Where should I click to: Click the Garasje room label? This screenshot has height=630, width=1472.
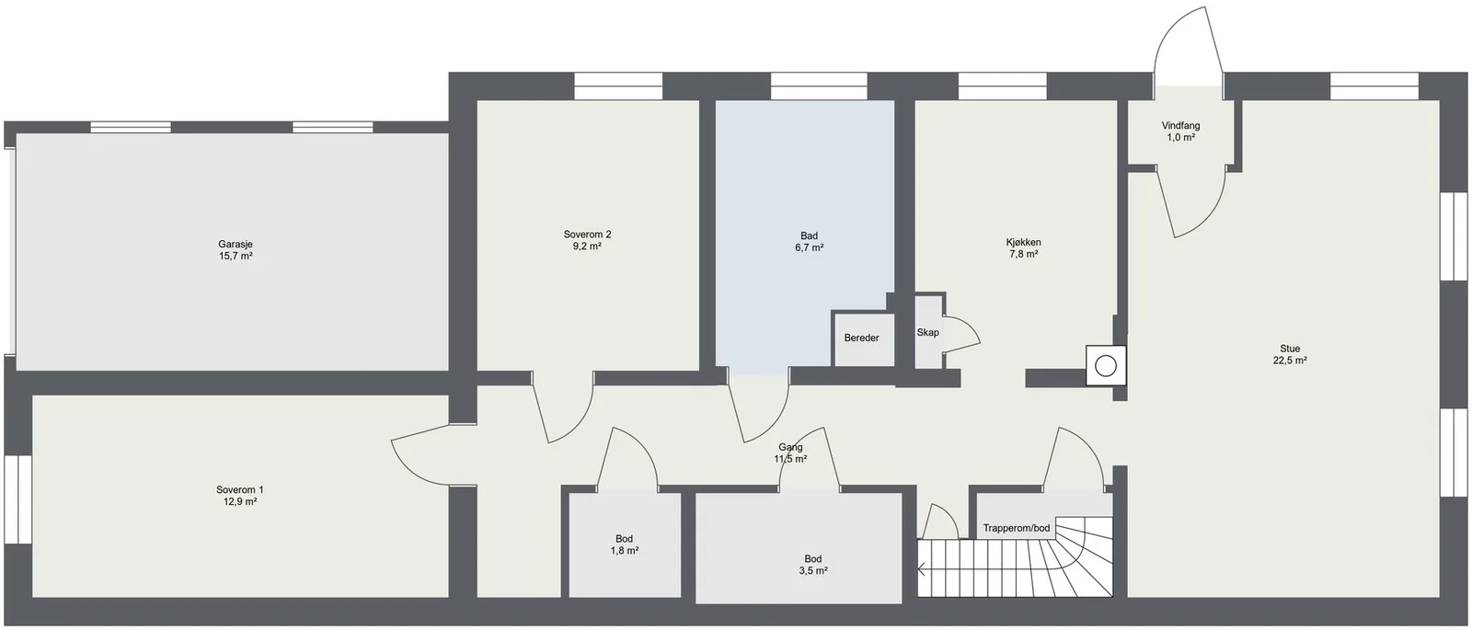(236, 245)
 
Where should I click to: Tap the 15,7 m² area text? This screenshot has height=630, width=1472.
(236, 257)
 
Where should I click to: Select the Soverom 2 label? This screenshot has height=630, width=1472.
(588, 235)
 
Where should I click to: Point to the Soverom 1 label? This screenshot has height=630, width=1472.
(240, 490)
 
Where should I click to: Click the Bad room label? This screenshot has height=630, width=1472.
(809, 235)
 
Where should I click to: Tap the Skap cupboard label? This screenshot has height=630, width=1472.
(928, 332)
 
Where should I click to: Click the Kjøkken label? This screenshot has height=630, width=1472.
(1023, 243)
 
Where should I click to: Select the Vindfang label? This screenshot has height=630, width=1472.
(1181, 126)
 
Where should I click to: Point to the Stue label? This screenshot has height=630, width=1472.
(1290, 349)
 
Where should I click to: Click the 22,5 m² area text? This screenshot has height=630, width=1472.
(1290, 361)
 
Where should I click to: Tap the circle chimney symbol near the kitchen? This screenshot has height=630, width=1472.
(1106, 366)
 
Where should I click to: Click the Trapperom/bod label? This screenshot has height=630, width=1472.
(1017, 528)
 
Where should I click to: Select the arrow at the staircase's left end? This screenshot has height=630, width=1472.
(922, 569)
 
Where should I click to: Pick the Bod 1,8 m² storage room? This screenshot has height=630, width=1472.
(625, 544)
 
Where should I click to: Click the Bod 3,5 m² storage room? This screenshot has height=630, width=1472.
(799, 547)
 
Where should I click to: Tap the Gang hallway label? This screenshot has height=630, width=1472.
(790, 447)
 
